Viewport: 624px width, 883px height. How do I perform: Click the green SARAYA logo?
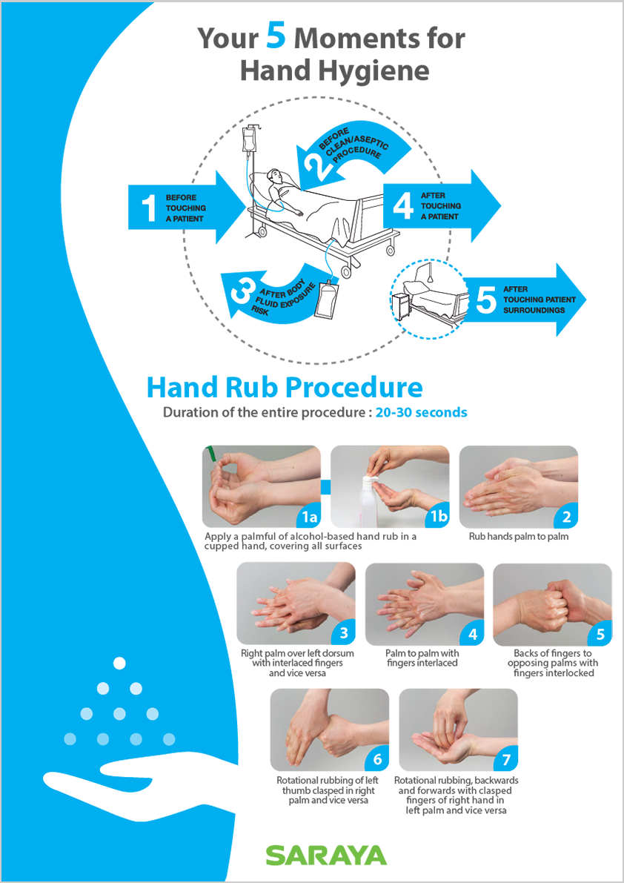pyautogui.click(x=326, y=854)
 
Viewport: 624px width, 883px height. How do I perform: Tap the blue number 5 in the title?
pyautogui.click(x=277, y=38)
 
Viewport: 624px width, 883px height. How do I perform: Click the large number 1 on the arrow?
pyautogui.click(x=148, y=208)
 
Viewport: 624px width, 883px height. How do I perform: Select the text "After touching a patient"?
pyautogui.click(x=440, y=206)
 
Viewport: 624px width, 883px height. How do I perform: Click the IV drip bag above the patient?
pyautogui.click(x=249, y=139)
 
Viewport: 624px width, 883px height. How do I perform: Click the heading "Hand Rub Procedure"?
pyautogui.click(x=284, y=388)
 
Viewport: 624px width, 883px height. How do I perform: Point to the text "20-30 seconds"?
pyautogui.click(x=422, y=412)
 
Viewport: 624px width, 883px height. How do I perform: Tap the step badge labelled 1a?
pyautogui.click(x=309, y=517)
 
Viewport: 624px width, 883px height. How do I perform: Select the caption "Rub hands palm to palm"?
pyautogui.click(x=519, y=536)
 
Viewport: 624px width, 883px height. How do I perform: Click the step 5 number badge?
pyautogui.click(x=600, y=635)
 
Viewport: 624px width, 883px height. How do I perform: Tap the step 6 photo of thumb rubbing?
pyautogui.click(x=330, y=730)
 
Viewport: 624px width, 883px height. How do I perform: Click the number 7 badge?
pyautogui.click(x=506, y=761)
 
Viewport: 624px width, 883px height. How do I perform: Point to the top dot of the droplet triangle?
pyautogui.click(x=119, y=664)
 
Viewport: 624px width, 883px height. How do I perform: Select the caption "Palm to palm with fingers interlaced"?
pyautogui.click(x=422, y=658)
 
